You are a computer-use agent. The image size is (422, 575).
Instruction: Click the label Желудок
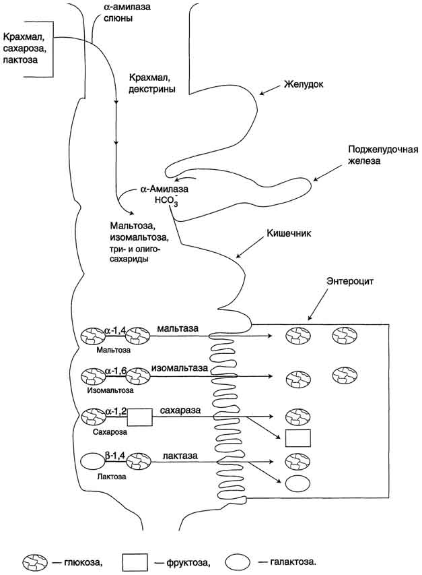304,86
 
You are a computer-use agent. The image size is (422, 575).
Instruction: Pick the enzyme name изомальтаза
179,369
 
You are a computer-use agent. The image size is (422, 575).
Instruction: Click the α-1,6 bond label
116,370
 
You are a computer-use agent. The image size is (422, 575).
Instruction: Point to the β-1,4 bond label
117,456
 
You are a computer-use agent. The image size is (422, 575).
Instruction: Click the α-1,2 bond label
116,411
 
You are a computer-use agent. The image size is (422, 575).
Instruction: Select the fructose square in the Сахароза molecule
139,418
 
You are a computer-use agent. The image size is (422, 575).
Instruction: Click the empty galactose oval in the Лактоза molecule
93,464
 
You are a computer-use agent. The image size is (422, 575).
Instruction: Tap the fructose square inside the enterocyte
297,437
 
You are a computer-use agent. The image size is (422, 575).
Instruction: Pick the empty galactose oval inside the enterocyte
297,483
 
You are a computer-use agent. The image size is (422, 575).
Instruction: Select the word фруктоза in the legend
186,561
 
